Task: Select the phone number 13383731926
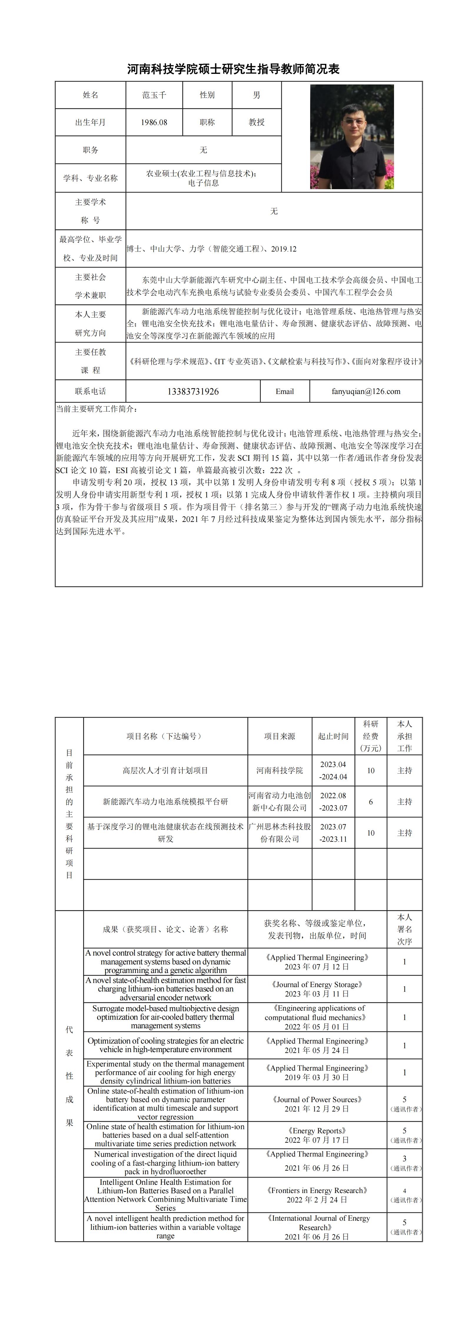pyautogui.click(x=193, y=391)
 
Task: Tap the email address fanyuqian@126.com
pyautogui.click(x=366, y=391)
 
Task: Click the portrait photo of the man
pyautogui.click(x=352, y=137)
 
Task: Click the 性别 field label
pyautogui.click(x=207, y=95)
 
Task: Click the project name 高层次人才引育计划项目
pyautogui.click(x=165, y=770)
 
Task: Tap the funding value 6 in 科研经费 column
pyautogui.click(x=370, y=801)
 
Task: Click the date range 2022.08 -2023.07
pyautogui.click(x=333, y=801)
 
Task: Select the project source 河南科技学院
pyautogui.click(x=280, y=770)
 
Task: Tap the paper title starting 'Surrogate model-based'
pyautogui.click(x=165, y=1017)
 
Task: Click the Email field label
pyautogui.click(x=285, y=391)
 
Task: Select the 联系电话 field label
pyautogui.click(x=90, y=391)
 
